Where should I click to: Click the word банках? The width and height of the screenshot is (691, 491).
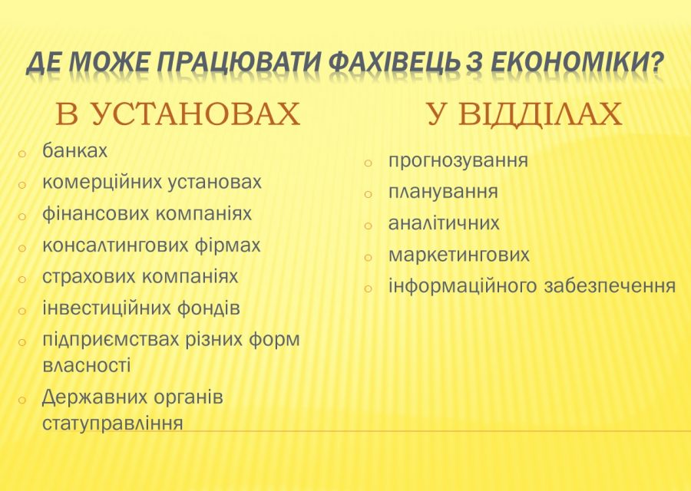pyautogui.click(x=74, y=151)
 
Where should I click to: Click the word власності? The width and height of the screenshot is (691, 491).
pyautogui.click(x=86, y=365)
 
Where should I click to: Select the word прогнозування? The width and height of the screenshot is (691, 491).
pyautogui.click(x=458, y=161)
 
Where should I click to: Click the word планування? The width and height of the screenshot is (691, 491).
pyautogui.click(x=443, y=192)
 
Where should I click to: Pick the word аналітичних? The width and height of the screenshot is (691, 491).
pyautogui.click(x=444, y=223)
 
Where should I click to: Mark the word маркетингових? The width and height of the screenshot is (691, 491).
pyautogui.click(x=458, y=255)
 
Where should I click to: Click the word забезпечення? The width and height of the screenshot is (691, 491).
pyautogui.click(x=610, y=286)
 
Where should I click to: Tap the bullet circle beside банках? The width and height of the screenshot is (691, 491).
pyautogui.click(x=23, y=153)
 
